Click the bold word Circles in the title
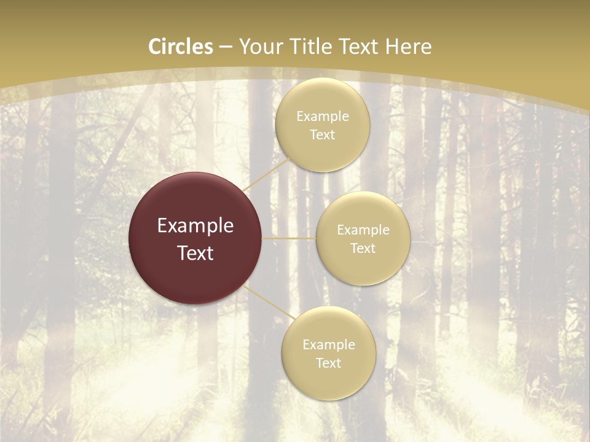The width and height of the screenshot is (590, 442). point(181,47)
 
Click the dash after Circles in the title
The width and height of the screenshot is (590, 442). point(226,47)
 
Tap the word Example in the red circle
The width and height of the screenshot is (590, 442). point(195,226)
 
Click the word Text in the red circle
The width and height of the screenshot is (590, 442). point(195,253)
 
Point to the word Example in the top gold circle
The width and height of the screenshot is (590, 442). point(323,116)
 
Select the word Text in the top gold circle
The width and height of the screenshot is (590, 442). point(323,134)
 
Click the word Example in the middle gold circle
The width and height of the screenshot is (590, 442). point(363,230)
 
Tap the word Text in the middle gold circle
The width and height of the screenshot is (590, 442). point(363,248)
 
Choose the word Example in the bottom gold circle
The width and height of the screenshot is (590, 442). point(328,344)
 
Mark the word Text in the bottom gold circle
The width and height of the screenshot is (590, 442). point(328,363)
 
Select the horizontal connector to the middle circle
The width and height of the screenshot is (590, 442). point(288,238)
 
